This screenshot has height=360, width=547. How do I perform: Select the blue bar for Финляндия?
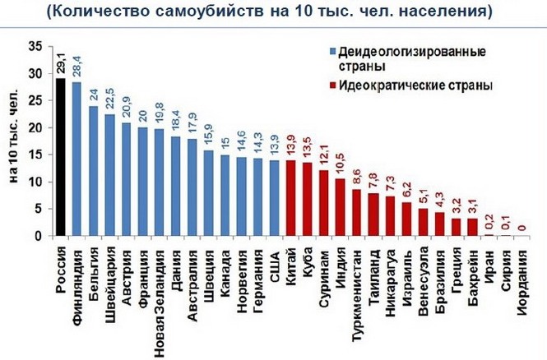coord(76,159)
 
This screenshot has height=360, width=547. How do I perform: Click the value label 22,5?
coord(110,101)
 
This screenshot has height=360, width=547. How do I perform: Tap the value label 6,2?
coord(406,190)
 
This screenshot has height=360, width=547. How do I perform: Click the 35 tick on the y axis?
coord(37,47)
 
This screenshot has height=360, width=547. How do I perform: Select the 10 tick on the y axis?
coord(37,182)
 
